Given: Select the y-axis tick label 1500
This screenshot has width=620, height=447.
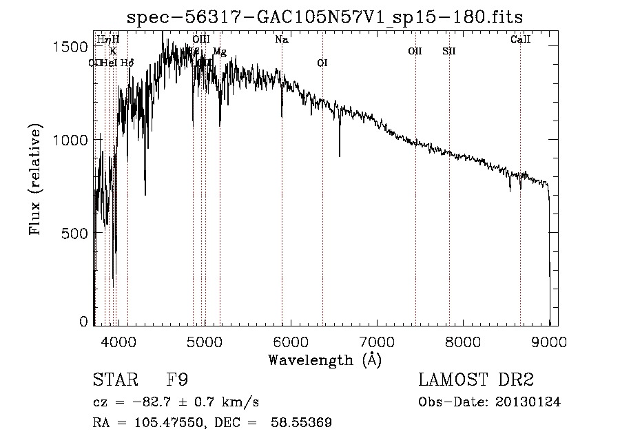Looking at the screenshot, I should point(72,46).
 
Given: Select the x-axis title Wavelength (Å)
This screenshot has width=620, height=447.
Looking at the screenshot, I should point(324,360).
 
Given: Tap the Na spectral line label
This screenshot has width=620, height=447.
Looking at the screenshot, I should point(281,40).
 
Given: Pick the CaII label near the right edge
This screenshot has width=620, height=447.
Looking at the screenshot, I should point(520,40).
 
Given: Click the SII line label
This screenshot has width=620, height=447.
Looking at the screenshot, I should point(448,51).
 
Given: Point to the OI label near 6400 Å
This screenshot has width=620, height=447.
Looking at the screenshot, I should point(322,63).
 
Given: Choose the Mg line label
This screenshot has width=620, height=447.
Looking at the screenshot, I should point(219,52).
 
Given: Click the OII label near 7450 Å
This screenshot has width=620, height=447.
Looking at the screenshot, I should point(415,51).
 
